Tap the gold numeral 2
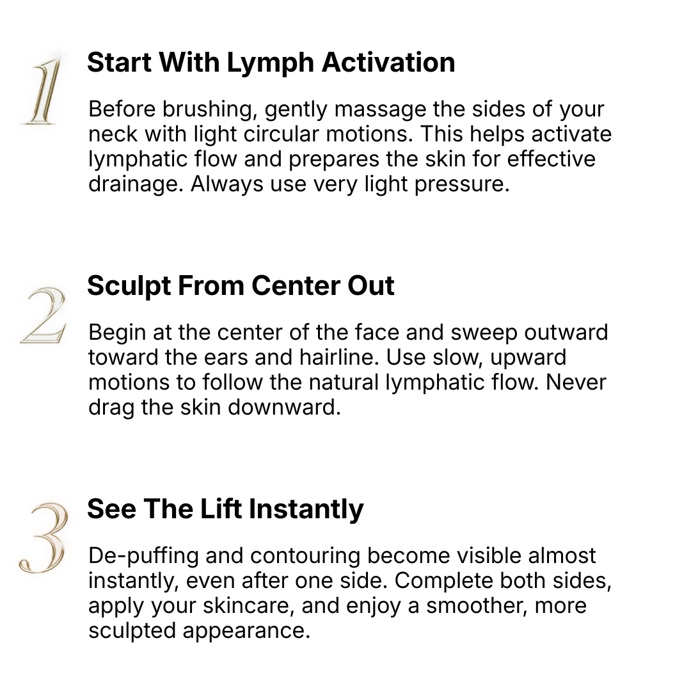[44, 315]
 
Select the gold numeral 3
[44, 537]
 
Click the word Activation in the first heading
[388, 62]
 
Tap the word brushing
[209, 110]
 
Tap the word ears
[226, 358]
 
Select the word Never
[576, 383]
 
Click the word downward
[285, 407]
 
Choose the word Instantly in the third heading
[306, 510]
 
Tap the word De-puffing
[144, 557]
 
